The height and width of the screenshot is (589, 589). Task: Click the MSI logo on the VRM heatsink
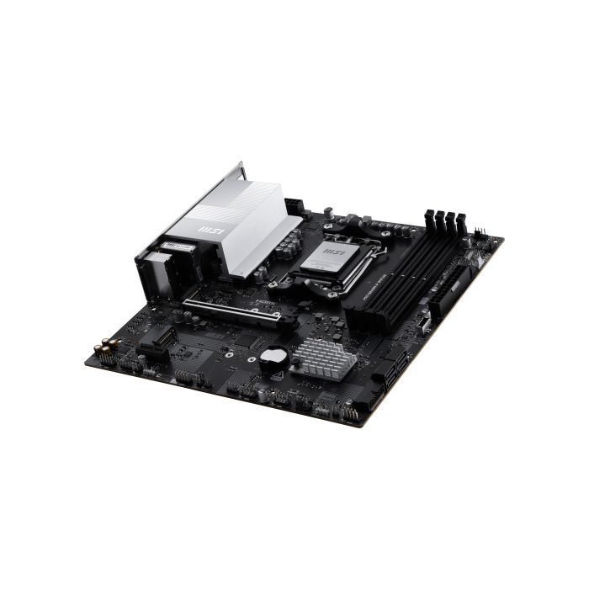click(208, 228)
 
